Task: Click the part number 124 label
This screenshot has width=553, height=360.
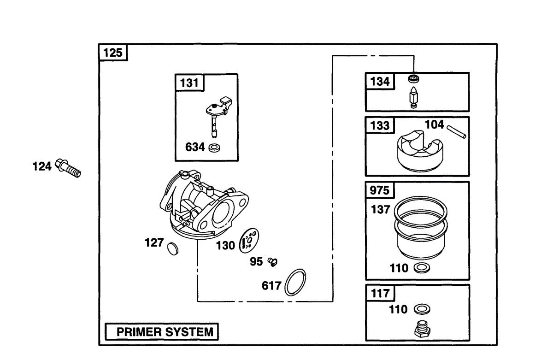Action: point(42,166)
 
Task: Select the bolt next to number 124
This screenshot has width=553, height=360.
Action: point(68,168)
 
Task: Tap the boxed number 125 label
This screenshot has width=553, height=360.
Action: point(113,53)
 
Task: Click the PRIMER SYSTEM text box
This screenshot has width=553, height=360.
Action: point(162,331)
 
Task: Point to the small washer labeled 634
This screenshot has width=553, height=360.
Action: point(214,148)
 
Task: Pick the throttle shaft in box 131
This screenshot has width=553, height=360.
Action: point(219,117)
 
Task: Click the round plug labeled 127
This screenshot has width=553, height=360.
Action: point(172,249)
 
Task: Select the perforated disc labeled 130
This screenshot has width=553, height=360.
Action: point(249,241)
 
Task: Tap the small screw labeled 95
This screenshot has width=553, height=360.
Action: point(272,262)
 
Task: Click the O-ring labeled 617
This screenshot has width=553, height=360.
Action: point(295,282)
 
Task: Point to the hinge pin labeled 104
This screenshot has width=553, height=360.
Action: point(457,132)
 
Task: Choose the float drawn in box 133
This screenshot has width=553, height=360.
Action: point(420,151)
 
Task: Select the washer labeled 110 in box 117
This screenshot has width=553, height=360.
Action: point(422,309)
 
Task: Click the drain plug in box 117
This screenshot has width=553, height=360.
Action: point(423,329)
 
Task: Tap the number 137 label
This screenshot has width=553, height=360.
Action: point(381,210)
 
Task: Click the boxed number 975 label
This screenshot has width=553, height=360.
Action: point(380,190)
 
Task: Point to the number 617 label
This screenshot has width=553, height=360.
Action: point(271,286)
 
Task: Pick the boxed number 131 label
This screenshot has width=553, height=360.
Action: point(189,83)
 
